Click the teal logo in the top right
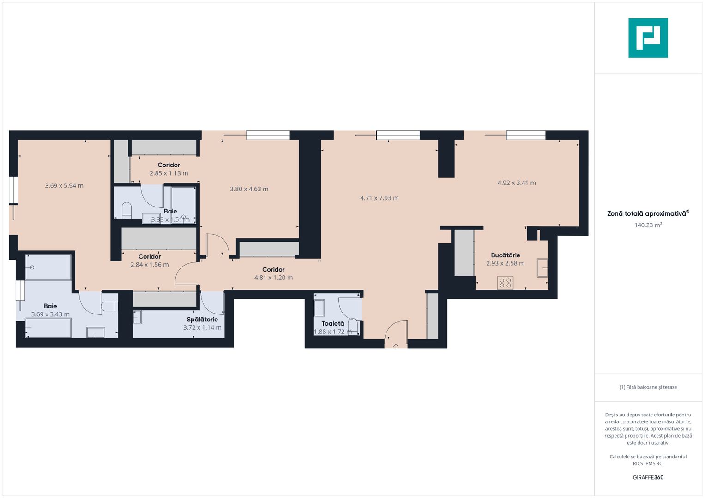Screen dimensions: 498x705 648,38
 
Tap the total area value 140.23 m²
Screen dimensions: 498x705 648,225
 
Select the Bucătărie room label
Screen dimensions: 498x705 506,255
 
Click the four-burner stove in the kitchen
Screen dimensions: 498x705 506,283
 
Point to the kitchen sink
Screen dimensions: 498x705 542,268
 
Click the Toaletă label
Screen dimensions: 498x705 333,323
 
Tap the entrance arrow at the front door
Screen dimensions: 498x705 396,346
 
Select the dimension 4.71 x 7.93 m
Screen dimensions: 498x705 379,198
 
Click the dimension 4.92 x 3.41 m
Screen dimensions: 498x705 517,183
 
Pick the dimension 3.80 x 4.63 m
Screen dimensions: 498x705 249,189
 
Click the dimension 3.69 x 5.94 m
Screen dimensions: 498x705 64,186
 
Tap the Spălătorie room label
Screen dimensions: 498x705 202,319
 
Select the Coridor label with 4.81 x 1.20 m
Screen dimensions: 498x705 273,269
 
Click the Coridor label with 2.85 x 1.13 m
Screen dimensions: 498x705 169,165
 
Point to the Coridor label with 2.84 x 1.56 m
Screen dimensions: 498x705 150,256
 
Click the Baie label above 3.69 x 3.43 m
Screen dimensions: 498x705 50,306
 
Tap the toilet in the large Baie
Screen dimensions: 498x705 109,307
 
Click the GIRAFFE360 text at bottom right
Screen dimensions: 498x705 648,477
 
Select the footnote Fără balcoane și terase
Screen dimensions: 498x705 648,387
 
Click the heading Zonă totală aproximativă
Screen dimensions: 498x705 647,213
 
